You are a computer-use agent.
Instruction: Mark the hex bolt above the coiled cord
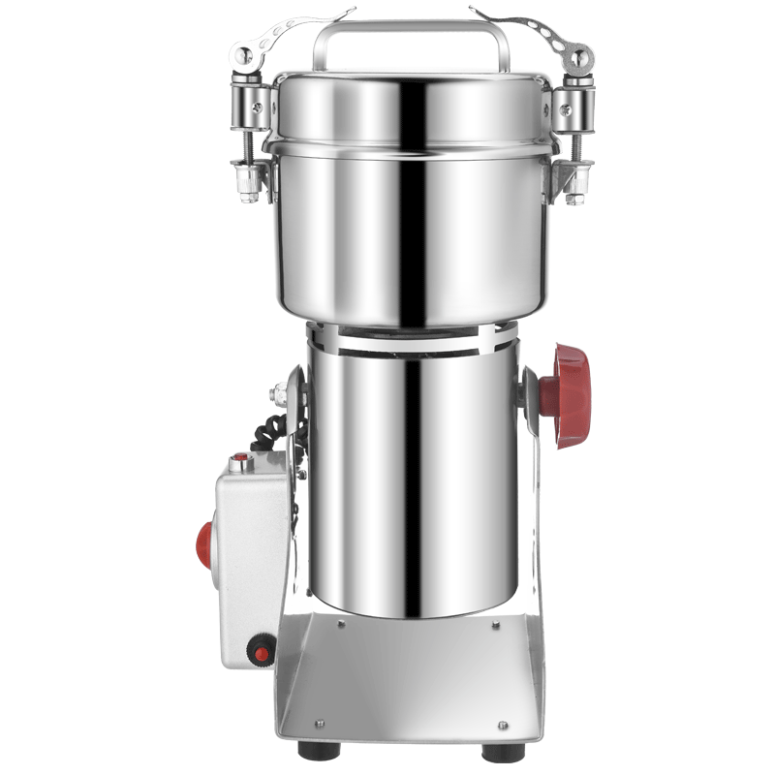(282, 391)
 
